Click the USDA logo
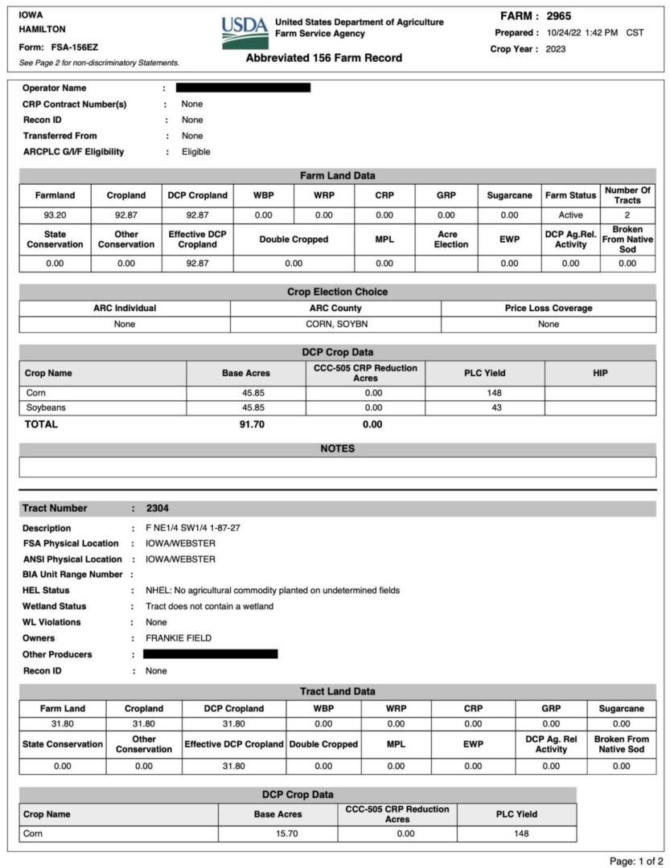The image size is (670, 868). [245, 33]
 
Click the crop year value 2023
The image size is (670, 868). [556, 49]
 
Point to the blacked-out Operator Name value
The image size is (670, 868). [243, 88]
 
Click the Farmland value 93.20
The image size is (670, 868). [55, 215]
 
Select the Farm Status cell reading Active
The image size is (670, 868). [570, 215]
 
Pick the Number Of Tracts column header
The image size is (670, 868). [627, 195]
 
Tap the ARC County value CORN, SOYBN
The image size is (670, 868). [335, 324]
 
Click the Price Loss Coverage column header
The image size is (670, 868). [548, 308]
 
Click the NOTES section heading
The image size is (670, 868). [337, 448]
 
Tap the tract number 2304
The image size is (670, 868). [158, 508]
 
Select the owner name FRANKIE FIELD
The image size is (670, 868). [179, 638]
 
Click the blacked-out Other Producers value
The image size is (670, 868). [211, 654]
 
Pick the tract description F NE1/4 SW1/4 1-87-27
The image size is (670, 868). [195, 528]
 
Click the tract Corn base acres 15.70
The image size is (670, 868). [288, 833]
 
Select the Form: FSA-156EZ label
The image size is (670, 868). [58, 47]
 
